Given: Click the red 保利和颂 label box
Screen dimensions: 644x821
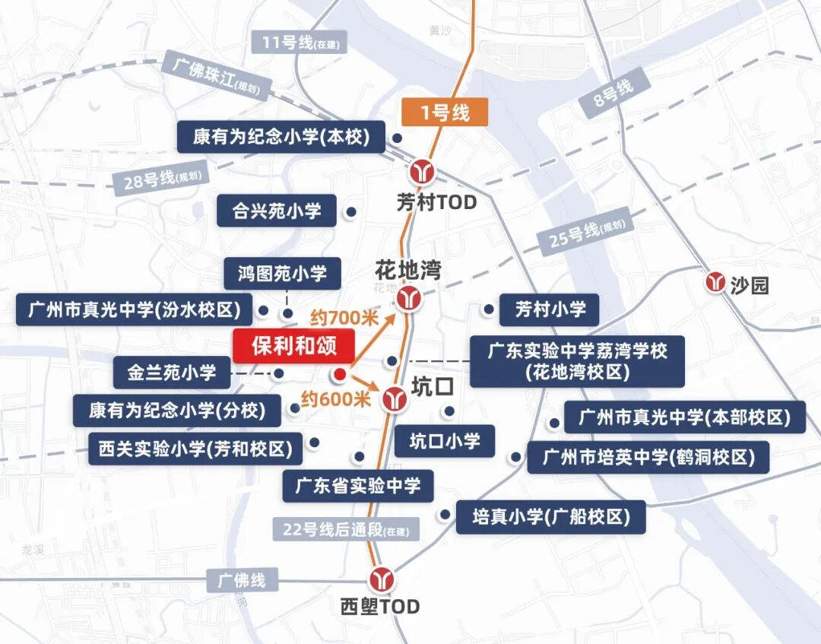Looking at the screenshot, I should (293, 347).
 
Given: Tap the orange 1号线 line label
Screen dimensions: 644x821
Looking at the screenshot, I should (445, 113).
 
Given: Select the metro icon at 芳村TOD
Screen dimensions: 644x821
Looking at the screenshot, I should (421, 171).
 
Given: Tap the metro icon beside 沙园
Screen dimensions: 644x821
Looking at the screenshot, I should (715, 282).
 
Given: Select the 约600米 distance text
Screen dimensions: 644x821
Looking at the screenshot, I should (335, 398).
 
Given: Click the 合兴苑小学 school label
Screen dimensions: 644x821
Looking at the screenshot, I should (277, 211).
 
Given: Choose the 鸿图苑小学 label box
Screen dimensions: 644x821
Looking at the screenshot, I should (282, 273).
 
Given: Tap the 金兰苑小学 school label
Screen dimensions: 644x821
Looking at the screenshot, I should (172, 373).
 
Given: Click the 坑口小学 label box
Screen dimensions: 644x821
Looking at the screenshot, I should (444, 441).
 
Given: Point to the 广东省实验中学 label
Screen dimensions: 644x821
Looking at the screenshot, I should (357, 486).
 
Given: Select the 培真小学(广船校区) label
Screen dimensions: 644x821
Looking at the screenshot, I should (550, 517).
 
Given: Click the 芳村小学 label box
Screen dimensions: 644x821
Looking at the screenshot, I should (550, 309).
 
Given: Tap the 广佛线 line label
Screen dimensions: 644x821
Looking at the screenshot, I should (241, 580).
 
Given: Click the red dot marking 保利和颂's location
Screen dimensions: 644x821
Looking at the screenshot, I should (340, 374).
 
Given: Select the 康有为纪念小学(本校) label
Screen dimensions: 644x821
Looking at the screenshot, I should (281, 137).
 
